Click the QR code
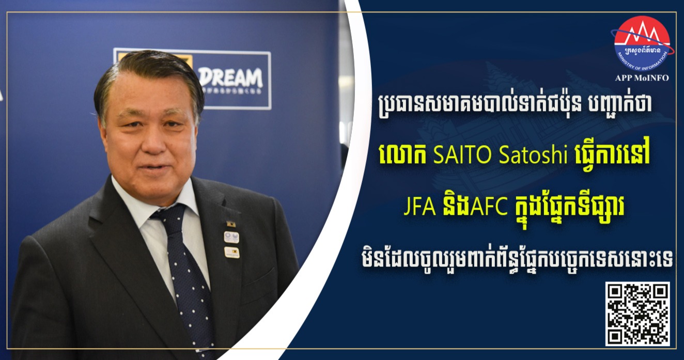[638, 314]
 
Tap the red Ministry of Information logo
[642, 43]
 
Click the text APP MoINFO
[642, 78]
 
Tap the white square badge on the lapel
[231, 237]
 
